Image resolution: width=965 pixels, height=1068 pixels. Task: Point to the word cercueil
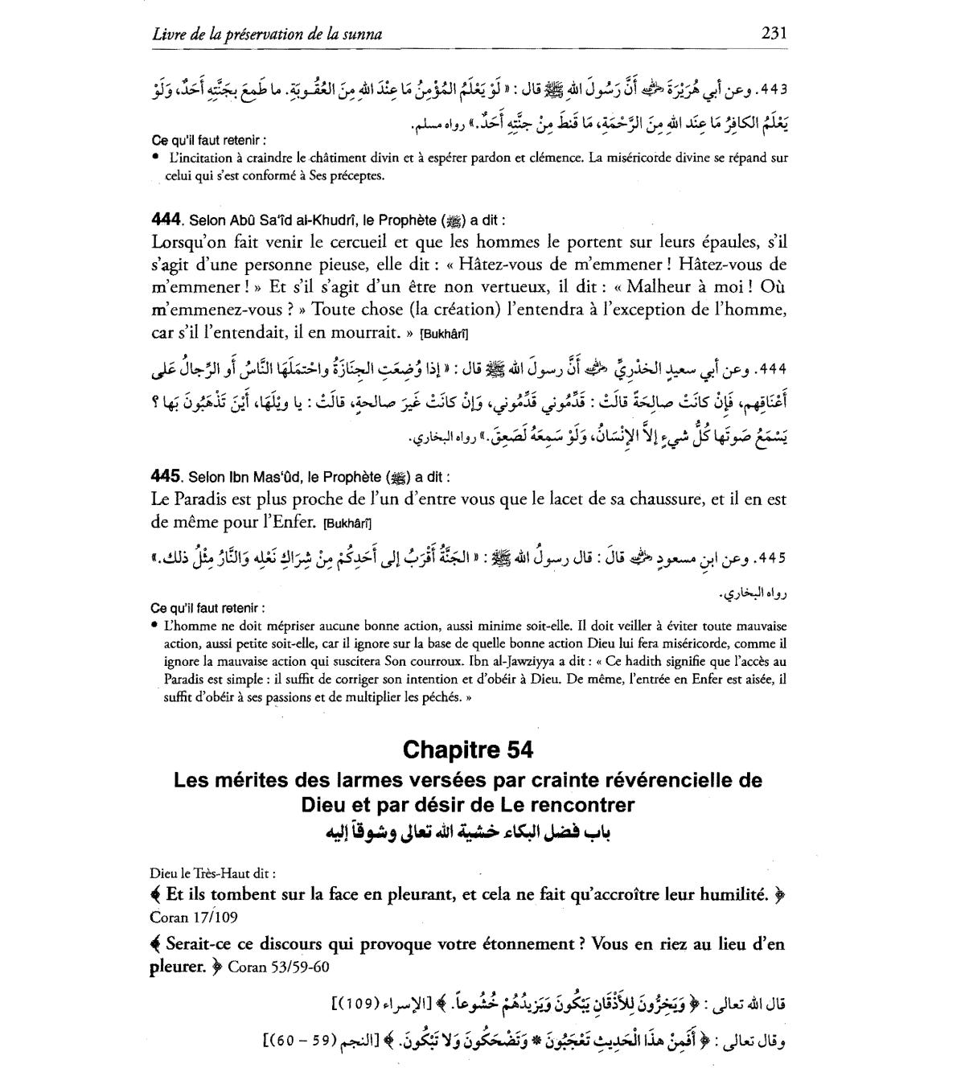click(x=339, y=241)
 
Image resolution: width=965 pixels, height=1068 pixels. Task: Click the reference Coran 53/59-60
click(x=279, y=967)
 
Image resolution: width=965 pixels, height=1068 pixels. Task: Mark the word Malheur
click(x=660, y=287)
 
